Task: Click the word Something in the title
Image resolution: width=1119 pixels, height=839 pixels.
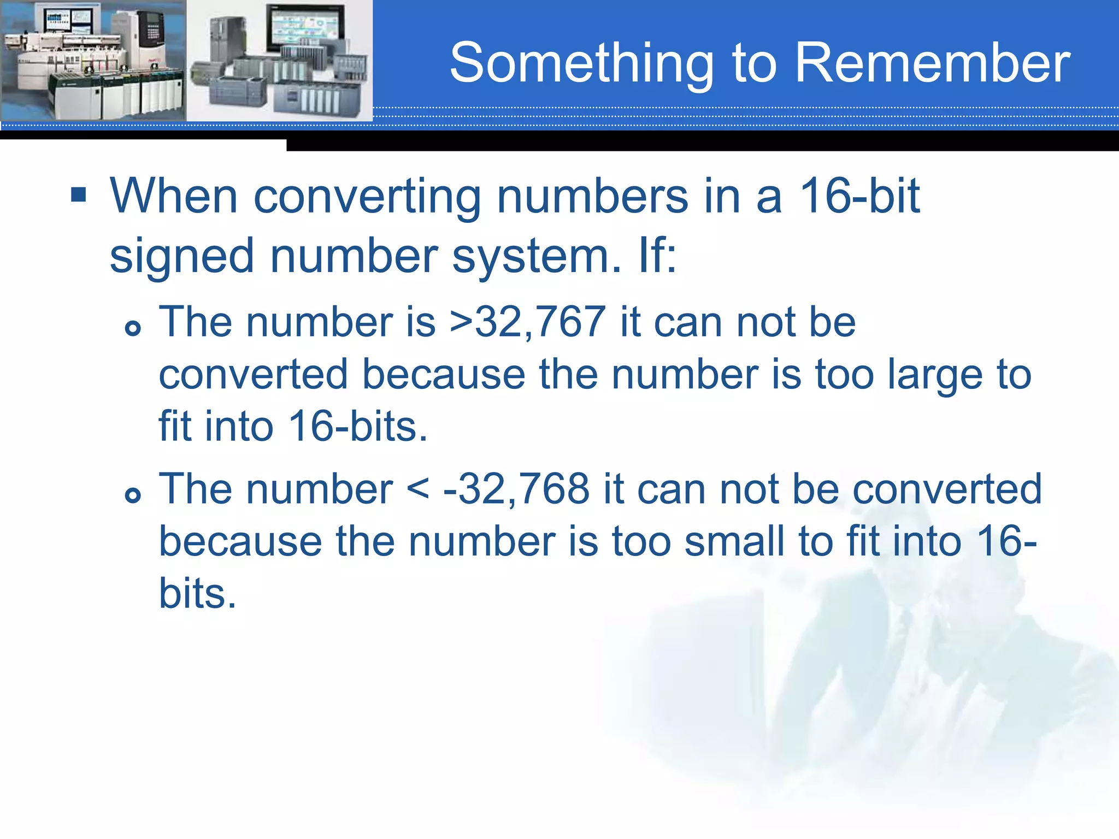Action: pyautogui.click(x=581, y=64)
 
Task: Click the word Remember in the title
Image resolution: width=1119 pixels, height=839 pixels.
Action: pyautogui.click(x=932, y=63)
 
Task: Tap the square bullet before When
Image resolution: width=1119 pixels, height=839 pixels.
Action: pyautogui.click(x=79, y=194)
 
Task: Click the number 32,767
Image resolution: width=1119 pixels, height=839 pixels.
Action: pyautogui.click(x=540, y=322)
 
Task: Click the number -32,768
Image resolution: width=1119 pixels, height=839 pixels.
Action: pyautogui.click(x=516, y=489)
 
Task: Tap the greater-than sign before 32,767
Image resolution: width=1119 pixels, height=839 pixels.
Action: pyautogui.click(x=461, y=322)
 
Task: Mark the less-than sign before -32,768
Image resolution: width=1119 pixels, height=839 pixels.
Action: pyautogui.click(x=418, y=489)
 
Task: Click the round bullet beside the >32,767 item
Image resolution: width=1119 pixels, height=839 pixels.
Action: pyautogui.click(x=133, y=328)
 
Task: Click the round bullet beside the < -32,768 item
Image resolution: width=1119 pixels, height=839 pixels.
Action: pyautogui.click(x=133, y=495)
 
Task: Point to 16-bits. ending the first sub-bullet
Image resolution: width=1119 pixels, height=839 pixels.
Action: pyautogui.click(x=357, y=427)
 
